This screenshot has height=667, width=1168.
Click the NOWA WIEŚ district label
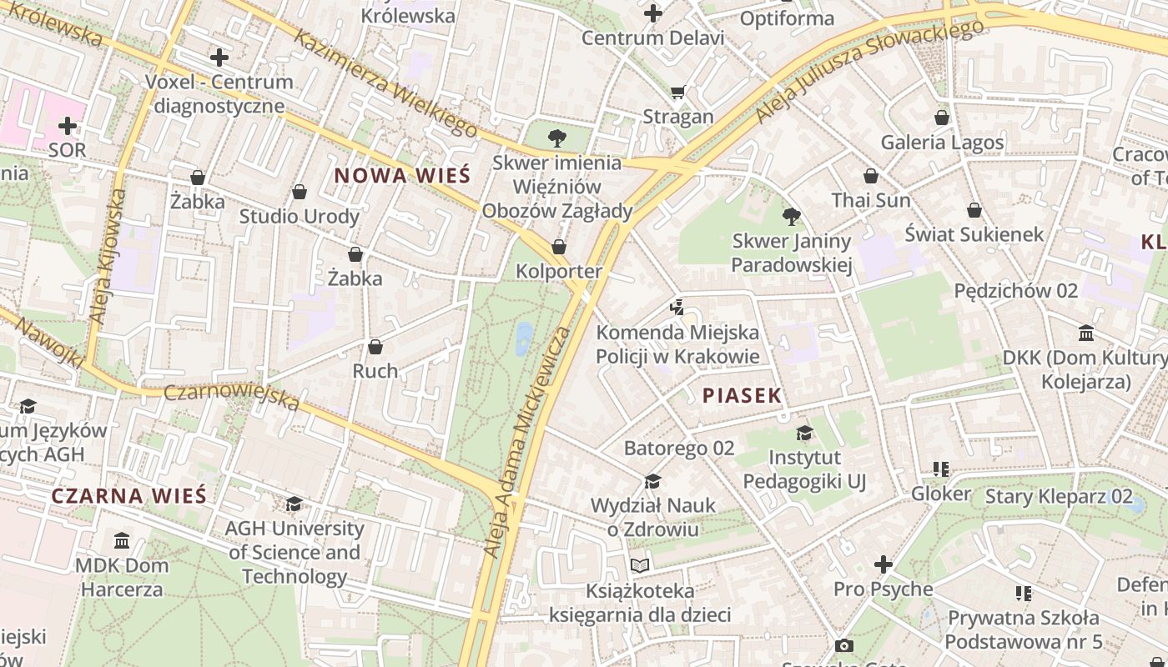coord(402,176)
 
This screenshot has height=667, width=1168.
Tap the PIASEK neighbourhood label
coord(742,395)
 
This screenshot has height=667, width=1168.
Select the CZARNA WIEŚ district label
coord(128,495)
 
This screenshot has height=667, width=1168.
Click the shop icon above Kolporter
coord(559,247)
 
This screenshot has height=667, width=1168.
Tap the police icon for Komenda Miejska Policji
coord(677,307)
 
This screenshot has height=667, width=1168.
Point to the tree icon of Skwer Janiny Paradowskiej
coord(792,217)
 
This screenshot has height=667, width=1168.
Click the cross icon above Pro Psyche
coord(883,564)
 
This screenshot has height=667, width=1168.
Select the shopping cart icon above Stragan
coord(677,92)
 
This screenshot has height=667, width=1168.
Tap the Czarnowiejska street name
coord(231,398)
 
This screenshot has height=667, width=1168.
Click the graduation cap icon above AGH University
coord(294,504)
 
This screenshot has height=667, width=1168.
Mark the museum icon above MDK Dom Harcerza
coord(122,540)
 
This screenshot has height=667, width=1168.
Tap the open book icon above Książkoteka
coord(640,566)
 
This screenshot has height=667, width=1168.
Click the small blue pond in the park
coord(524,339)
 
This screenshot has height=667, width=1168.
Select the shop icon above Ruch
coord(375,346)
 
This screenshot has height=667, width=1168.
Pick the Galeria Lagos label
coord(942,143)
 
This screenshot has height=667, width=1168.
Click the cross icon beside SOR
coord(68,126)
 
